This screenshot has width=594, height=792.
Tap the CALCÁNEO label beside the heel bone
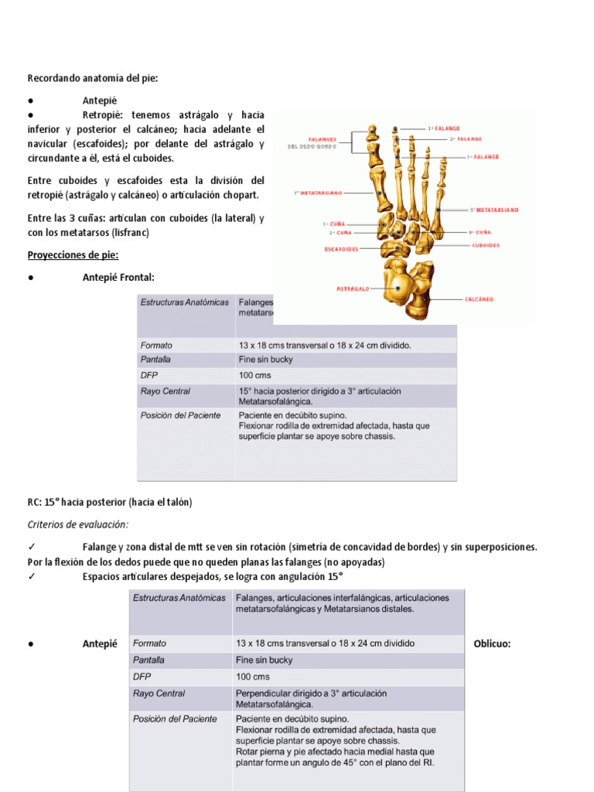(x=479, y=299)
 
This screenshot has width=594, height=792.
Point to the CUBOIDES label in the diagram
(x=485, y=245)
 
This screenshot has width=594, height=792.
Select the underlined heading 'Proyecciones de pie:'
(x=73, y=254)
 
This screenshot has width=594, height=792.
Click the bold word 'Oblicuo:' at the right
(x=492, y=643)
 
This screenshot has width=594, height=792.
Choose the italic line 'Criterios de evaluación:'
(x=77, y=524)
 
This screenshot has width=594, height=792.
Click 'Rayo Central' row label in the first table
(x=165, y=391)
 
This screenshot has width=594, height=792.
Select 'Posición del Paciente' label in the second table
(x=175, y=719)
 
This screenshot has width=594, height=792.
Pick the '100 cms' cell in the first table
(x=255, y=375)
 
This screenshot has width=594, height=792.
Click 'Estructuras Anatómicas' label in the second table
(x=179, y=599)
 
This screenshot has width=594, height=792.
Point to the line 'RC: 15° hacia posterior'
(x=109, y=502)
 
